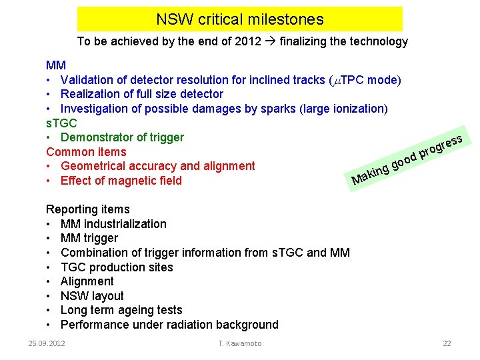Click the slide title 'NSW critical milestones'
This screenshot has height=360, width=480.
240,19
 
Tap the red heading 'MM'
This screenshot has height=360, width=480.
55,65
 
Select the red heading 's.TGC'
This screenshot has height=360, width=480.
61,123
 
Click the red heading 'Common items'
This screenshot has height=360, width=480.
86,152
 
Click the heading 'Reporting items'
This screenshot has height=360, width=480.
87,209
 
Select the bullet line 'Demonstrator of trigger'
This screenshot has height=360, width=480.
122,137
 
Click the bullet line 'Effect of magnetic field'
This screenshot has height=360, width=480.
121,181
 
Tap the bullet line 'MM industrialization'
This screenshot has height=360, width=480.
113,224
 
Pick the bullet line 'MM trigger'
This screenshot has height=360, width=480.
89,238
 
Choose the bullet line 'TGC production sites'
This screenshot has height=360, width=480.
117,267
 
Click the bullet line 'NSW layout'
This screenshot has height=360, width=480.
92,296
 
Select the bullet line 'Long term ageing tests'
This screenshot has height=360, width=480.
121,310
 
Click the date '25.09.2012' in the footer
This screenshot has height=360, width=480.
47,343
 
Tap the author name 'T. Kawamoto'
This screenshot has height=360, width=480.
240,343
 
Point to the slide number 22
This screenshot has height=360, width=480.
447,343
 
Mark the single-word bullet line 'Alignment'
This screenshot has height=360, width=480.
87,281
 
